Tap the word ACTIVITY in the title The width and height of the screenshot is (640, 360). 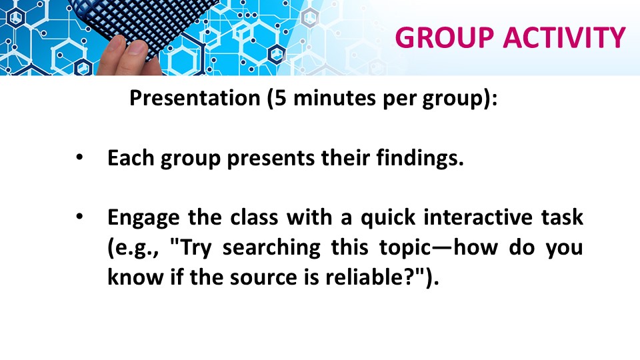(x=565, y=37)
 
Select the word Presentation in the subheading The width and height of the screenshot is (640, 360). (x=195, y=98)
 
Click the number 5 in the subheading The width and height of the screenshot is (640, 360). (x=281, y=98)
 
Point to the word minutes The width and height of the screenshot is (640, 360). (x=334, y=98)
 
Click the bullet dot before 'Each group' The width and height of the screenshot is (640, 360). (x=79, y=157)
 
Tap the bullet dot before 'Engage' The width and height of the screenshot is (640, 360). (x=79, y=217)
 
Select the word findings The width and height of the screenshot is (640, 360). (x=420, y=159)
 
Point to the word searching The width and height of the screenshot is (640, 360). (x=271, y=248)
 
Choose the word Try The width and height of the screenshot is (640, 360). (x=195, y=248)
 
